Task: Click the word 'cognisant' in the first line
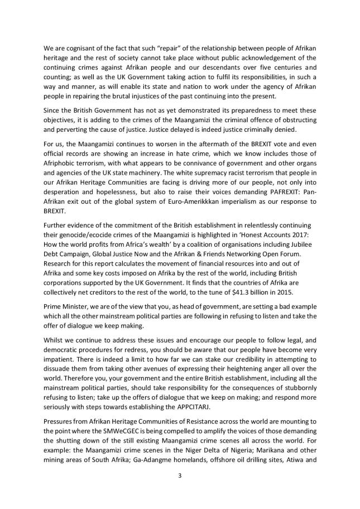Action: point(75,49)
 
